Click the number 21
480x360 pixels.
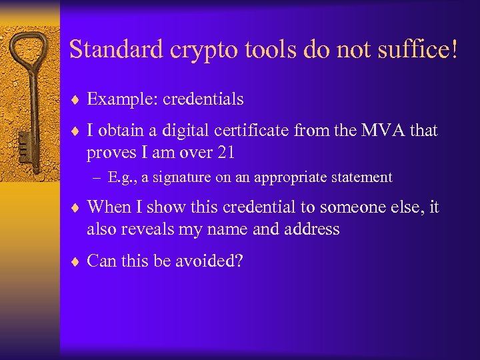tap(225, 153)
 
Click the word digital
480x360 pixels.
tap(184, 131)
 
